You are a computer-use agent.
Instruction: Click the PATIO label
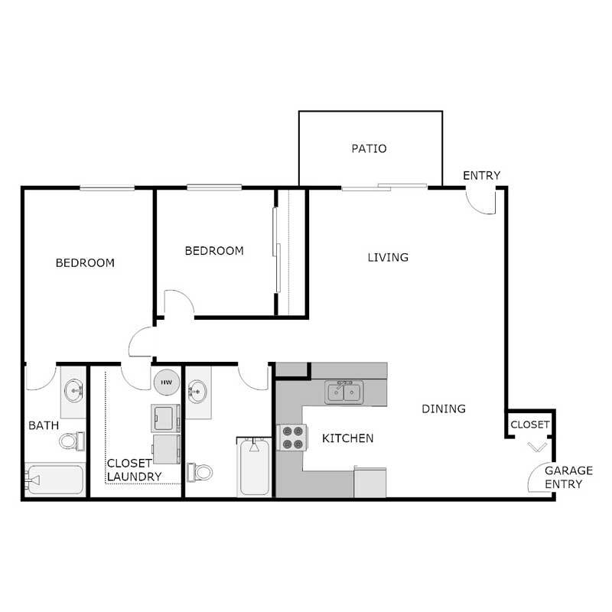369,148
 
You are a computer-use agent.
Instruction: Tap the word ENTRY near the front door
481,176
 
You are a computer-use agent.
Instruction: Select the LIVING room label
388,257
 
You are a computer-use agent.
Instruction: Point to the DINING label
444,409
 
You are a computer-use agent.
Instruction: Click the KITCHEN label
347,438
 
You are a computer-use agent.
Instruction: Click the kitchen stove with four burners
291,438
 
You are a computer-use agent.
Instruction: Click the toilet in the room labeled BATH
71,441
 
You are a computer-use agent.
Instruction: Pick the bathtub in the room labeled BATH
53,480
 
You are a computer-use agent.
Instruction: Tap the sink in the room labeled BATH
73,391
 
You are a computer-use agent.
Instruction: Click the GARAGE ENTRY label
564,477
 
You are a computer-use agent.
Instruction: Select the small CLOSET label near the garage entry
529,425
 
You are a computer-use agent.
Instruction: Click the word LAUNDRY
134,477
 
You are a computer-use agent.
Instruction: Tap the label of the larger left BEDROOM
85,263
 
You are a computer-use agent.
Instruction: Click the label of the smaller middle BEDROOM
214,251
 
